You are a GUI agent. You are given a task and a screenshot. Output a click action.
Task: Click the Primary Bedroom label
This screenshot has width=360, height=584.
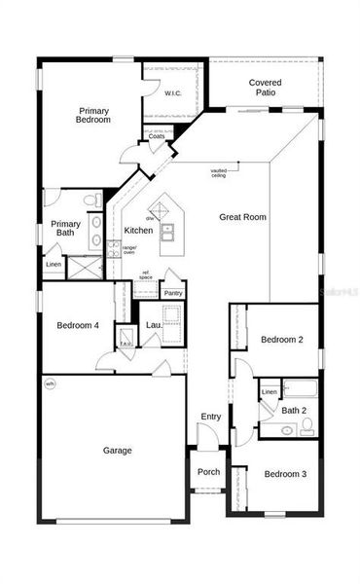[x=94, y=115]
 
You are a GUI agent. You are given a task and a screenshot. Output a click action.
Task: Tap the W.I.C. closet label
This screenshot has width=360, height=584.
[x=172, y=93]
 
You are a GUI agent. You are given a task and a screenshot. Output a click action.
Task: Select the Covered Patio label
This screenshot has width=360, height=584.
[x=265, y=88]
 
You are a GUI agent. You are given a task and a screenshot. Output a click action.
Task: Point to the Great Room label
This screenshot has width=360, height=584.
[x=243, y=217]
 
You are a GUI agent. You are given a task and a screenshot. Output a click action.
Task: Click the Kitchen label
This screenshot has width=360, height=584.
[x=137, y=231]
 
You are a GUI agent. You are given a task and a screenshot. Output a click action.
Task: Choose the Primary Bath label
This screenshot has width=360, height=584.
[x=66, y=228]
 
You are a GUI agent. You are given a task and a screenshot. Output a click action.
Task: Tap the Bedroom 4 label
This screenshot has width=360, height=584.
[x=78, y=325]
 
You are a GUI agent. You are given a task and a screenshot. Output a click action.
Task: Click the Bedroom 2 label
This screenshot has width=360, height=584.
[x=282, y=339]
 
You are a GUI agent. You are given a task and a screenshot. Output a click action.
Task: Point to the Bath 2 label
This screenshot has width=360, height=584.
[x=294, y=411]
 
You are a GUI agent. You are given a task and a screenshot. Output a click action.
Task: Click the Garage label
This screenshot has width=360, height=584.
[x=118, y=450]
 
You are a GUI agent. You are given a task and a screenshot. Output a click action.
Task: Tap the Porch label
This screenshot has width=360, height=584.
[x=209, y=472]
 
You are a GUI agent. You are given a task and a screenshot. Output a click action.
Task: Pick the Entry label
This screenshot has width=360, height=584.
[x=211, y=417]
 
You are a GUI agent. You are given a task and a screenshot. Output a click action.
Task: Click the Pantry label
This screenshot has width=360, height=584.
[x=173, y=292]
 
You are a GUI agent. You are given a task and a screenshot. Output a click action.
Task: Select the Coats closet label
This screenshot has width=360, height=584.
[x=157, y=136]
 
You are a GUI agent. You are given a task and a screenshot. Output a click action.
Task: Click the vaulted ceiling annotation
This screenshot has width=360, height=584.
[x=218, y=173]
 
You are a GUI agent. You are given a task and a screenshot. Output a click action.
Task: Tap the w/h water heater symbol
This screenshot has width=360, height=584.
[x=51, y=383]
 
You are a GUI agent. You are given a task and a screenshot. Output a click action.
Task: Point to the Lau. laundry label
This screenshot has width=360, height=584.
[x=154, y=324]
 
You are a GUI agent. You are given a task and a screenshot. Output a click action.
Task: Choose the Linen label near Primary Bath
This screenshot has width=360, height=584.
[x=54, y=265]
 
